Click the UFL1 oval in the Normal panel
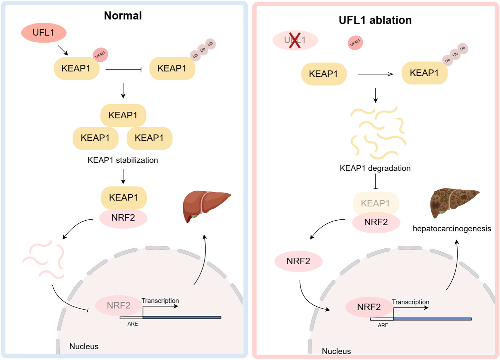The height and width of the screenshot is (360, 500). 44,33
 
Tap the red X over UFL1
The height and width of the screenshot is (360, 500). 295,41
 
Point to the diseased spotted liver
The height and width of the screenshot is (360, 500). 453,202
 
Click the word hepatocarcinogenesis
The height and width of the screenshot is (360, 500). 452,228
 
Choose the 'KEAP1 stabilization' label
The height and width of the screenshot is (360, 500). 123,160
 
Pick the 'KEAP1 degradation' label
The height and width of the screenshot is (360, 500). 375,168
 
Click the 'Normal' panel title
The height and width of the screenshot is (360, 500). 123,16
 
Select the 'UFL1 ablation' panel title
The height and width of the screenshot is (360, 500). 375,20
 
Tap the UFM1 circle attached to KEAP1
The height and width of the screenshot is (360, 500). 100,55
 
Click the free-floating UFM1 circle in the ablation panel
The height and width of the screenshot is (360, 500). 355,43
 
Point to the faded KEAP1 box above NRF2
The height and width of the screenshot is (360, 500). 375,203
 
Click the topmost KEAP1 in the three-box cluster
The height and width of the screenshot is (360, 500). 123,115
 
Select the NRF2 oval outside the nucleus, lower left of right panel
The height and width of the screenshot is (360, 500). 298,261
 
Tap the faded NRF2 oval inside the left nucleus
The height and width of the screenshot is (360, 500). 118,306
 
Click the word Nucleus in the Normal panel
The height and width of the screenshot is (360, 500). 84,346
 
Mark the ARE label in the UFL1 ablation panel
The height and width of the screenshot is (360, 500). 383,325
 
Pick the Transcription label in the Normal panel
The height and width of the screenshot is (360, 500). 160,301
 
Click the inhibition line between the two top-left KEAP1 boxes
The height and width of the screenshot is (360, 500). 124,70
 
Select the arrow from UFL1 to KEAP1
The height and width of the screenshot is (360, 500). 63,50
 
